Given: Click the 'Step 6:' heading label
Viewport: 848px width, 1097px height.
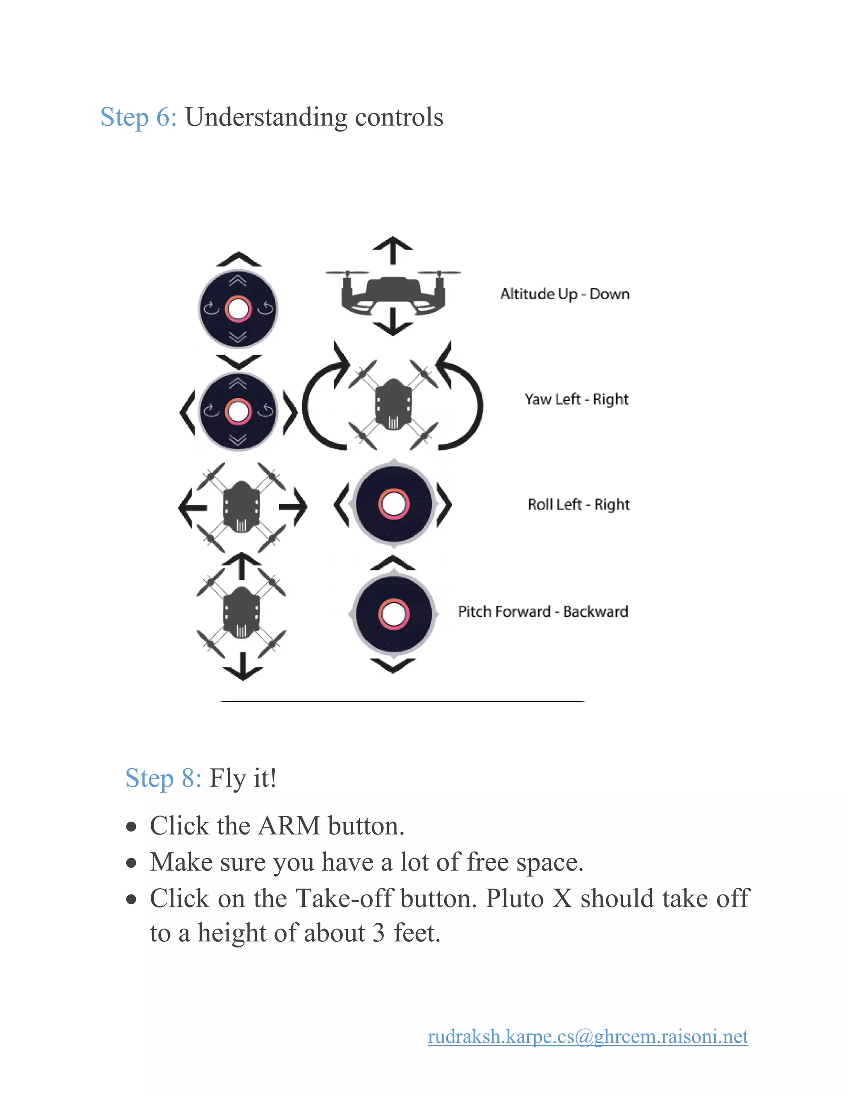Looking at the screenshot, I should (138, 118).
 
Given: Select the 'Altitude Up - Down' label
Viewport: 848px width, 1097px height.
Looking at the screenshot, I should (565, 294).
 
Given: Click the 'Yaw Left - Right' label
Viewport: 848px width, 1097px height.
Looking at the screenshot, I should (576, 399).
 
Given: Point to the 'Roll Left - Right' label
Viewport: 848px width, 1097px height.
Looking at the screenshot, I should (578, 504).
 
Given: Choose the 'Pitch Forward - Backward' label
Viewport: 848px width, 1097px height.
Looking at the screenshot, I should (543, 611).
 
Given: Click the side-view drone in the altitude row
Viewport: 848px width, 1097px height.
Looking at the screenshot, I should (393, 294).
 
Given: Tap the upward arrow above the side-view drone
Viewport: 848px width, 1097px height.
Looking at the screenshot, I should (393, 250).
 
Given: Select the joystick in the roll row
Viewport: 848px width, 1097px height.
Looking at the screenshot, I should (393, 504).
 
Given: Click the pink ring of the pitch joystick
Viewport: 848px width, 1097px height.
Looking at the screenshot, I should (393, 614).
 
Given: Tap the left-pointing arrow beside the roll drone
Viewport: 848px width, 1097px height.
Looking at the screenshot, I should (191, 508).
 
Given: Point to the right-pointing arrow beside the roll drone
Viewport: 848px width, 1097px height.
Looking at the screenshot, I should (294, 508).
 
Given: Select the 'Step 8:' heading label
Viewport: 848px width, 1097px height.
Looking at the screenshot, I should (163, 779).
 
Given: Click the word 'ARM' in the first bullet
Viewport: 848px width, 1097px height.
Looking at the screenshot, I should (289, 826).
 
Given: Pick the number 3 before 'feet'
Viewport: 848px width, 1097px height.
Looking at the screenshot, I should (378, 933).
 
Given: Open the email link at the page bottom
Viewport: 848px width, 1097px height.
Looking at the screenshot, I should (588, 1036).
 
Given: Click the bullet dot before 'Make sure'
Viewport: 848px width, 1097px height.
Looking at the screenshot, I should (132, 863).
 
